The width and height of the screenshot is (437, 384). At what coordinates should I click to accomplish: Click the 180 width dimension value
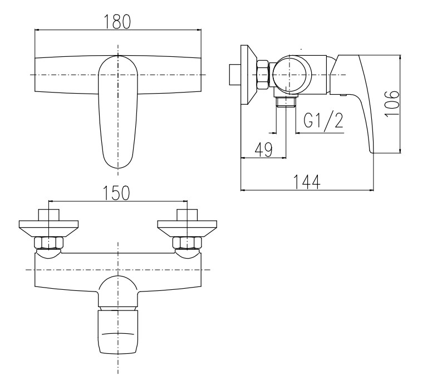pos(117,22)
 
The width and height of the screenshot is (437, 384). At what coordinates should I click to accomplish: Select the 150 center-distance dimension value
pos(116,193)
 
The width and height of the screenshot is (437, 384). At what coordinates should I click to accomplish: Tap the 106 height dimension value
pos(392,104)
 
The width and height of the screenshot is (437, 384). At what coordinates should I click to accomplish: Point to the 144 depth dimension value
pos(307,182)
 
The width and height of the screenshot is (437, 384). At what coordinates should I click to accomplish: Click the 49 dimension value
pos(264,149)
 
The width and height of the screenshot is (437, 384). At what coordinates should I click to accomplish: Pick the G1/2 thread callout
pos(323,120)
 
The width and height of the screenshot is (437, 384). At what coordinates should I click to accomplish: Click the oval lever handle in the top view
pos(118,112)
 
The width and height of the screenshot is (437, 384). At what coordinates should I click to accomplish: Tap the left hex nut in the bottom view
pos(48,242)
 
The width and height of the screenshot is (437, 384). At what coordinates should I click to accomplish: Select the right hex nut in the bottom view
pos(187,242)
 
